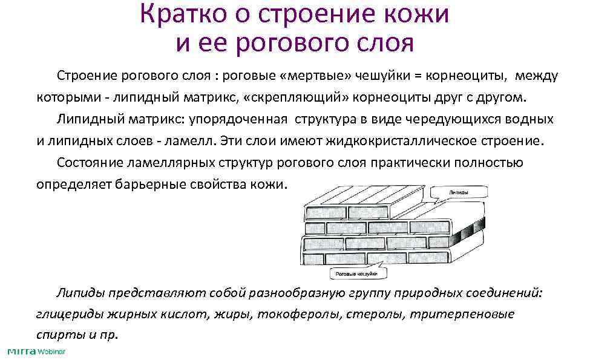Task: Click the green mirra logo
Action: (20, 352)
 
